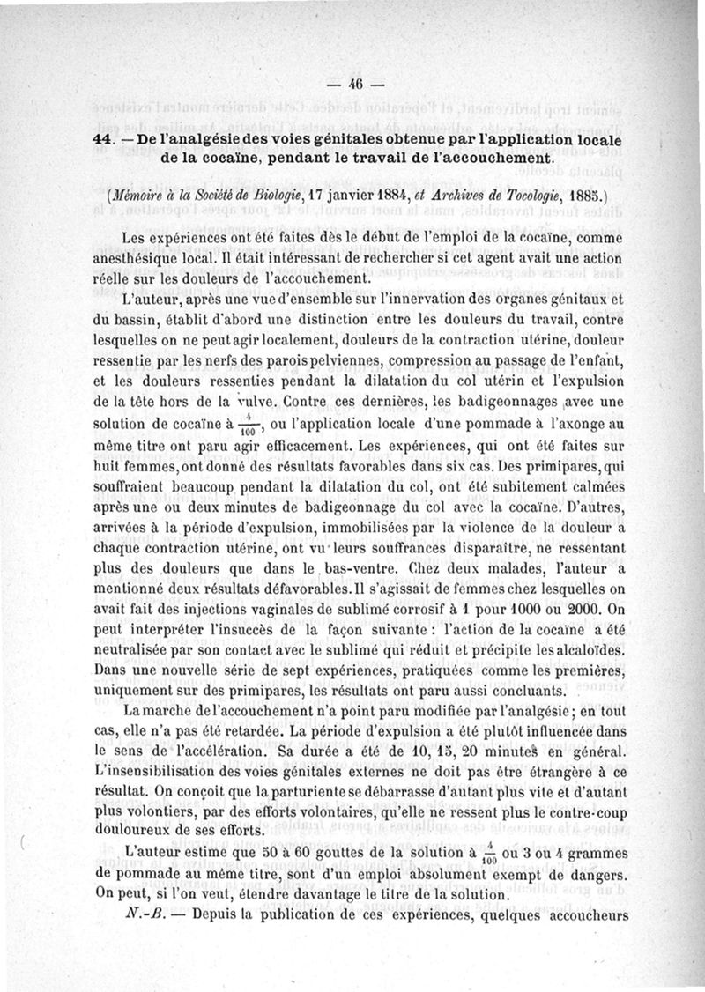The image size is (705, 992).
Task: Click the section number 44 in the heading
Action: pos(101,141)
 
